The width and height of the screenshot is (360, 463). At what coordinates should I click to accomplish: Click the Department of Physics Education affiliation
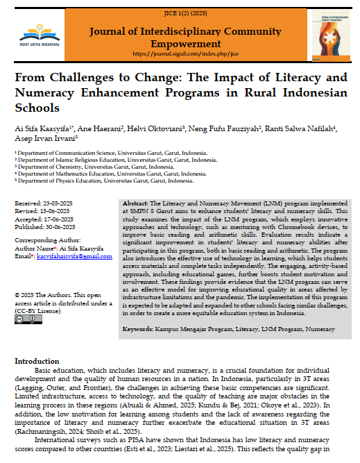104,180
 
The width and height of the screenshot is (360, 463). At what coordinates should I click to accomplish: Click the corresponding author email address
67,257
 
